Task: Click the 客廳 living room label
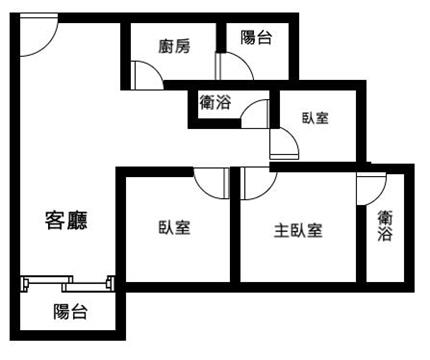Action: point(66,220)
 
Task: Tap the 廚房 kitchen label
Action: point(174,46)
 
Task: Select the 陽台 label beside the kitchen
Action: point(256,37)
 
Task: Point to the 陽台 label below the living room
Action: point(70,312)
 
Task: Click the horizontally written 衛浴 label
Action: point(215,102)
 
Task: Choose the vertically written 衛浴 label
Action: point(385,226)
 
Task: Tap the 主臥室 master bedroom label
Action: point(298,231)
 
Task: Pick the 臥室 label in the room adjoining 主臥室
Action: point(174,228)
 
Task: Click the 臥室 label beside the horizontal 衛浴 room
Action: point(315,118)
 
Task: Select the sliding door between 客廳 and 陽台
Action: point(68,284)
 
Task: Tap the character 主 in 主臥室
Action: point(282,231)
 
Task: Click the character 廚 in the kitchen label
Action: point(166,46)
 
